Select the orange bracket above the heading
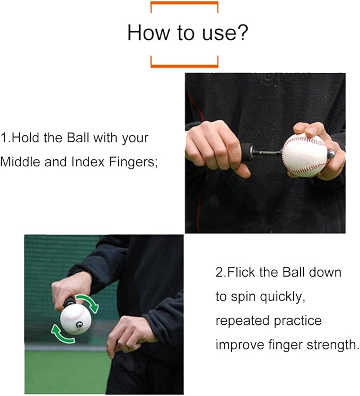(x=184, y=4)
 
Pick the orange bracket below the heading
(x=184, y=65)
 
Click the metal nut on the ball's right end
(x=330, y=153)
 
